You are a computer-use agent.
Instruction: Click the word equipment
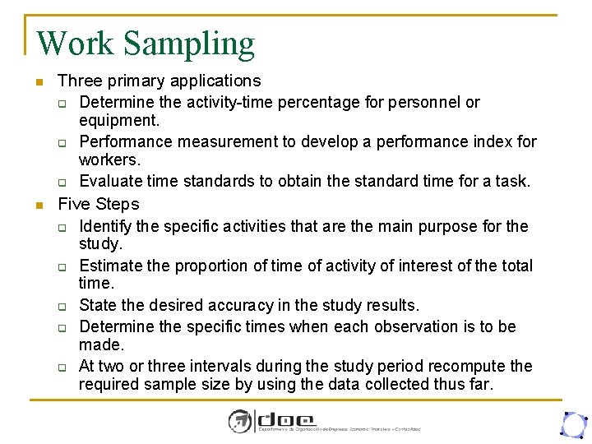pyautogui.click(x=118, y=120)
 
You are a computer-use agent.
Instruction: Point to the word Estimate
pyautogui.click(x=113, y=266)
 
